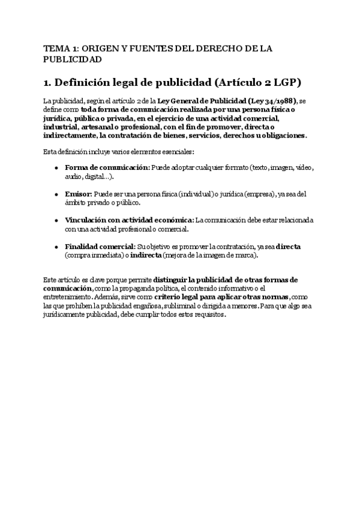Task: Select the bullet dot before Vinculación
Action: pos(56,221)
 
